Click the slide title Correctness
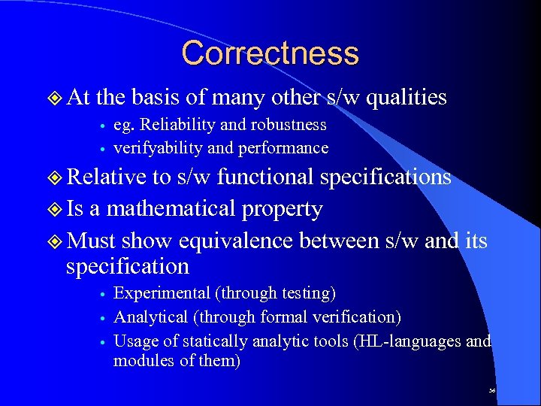pyautogui.click(x=270, y=53)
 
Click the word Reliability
pyautogui.click(x=170, y=125)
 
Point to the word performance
pyautogui.click(x=283, y=148)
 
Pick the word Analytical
pyautogui.click(x=150, y=317)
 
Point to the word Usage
pyautogui.click(x=135, y=341)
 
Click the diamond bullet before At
pyautogui.click(x=55, y=98)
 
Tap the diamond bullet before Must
pyautogui.click(x=55, y=241)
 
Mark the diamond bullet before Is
pyautogui.click(x=55, y=209)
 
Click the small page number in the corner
pyautogui.click(x=492, y=391)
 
